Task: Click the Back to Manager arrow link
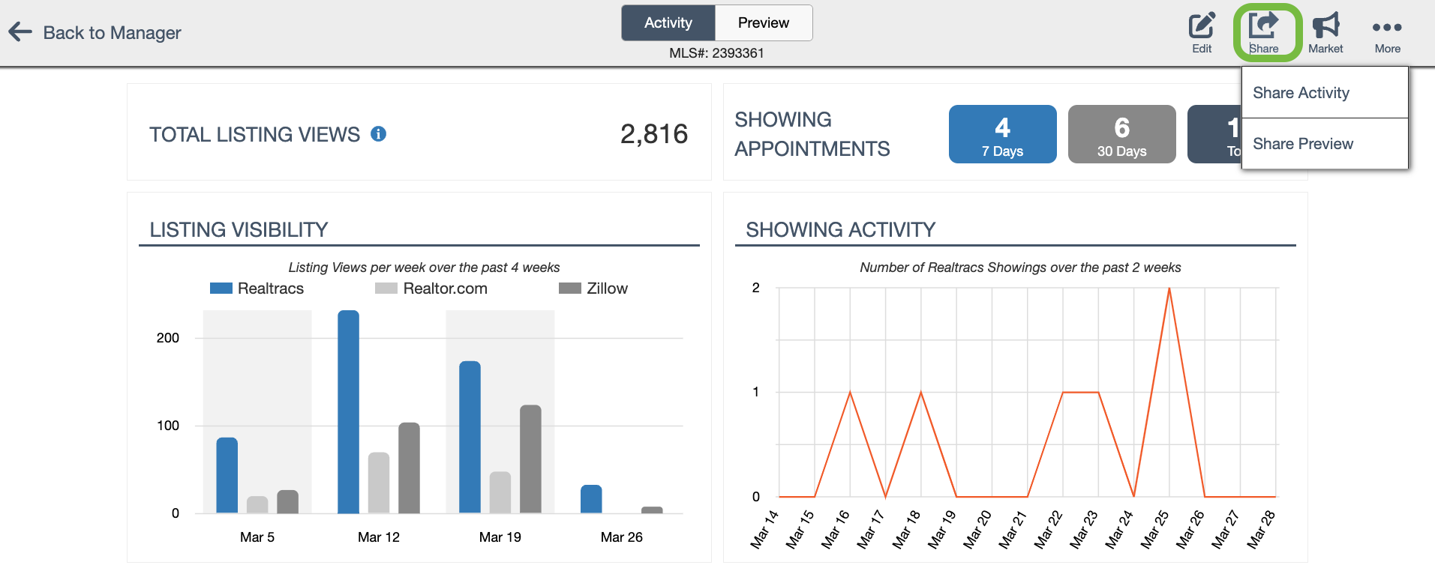coord(95,32)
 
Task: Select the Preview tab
coord(763,22)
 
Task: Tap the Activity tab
coord(668,22)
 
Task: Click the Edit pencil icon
coord(1202,31)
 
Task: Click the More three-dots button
coord(1387,31)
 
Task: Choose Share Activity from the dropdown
coord(1301,93)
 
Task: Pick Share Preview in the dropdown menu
coord(1303,144)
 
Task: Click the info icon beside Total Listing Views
coord(379,134)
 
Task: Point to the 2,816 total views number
coord(653,134)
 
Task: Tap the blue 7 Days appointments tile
coord(1002,134)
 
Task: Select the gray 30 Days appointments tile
coord(1121,134)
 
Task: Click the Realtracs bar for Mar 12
coord(348,412)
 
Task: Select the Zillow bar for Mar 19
coord(530,459)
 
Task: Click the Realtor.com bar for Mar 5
coord(257,504)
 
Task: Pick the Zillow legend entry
coord(594,289)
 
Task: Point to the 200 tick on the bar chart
coord(168,338)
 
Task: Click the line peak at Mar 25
coord(1169,289)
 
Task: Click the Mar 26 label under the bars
coord(621,537)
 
